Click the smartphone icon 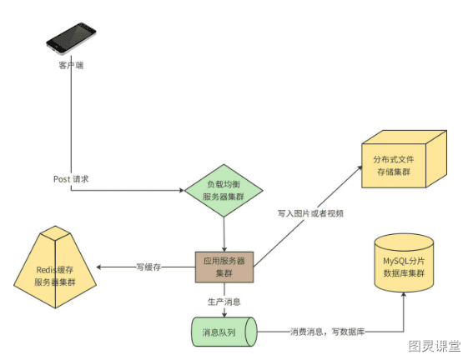(71, 38)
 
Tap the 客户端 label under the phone (71, 65)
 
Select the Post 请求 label (71, 179)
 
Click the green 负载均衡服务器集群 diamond (224, 190)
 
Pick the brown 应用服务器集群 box (224, 267)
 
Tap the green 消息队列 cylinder (224, 332)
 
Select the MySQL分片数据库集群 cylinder (404, 262)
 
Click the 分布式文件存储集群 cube (404, 159)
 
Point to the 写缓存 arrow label (148, 267)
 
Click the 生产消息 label (224, 302)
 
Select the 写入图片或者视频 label (310, 213)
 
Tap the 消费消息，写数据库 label (327, 332)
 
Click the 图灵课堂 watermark (435, 346)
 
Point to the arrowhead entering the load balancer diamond (182, 190)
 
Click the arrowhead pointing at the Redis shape (99, 267)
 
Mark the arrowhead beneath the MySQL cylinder (404, 295)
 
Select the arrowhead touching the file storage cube (360, 168)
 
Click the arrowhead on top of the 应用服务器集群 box (224, 248)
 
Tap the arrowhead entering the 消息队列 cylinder (224, 314)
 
